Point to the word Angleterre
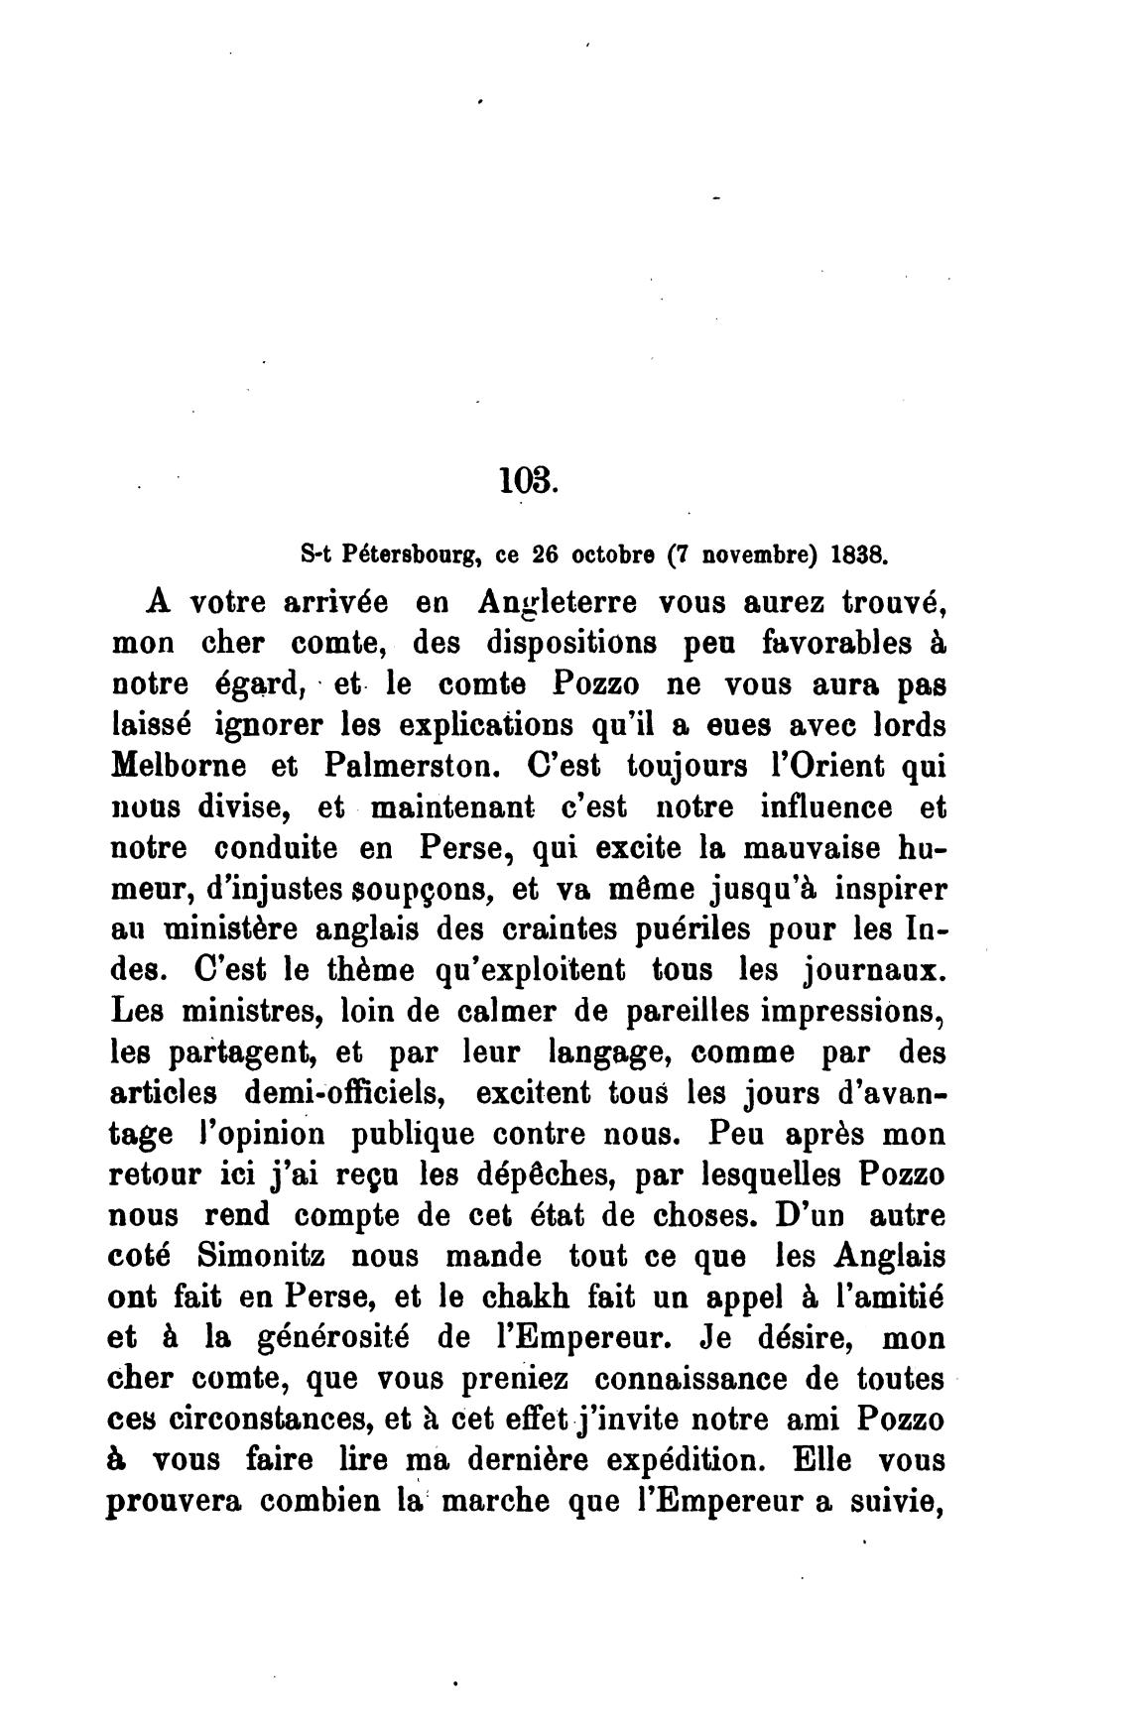click(559, 602)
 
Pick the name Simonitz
click(260, 1256)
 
